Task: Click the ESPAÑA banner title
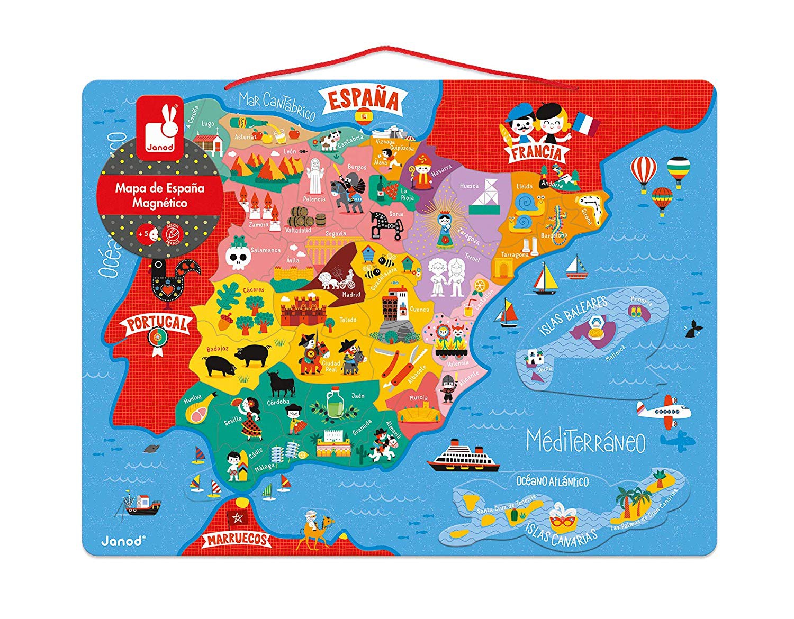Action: pyautogui.click(x=363, y=99)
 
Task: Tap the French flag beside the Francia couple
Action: pyautogui.click(x=586, y=123)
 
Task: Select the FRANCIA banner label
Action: pyautogui.click(x=536, y=153)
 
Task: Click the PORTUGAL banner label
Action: pyautogui.click(x=157, y=323)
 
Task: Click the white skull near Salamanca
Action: pyautogui.click(x=237, y=258)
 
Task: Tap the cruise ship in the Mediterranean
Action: pyautogui.click(x=463, y=457)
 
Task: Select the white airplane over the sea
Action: pyautogui.click(x=664, y=411)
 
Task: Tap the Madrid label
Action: pyautogui.click(x=351, y=295)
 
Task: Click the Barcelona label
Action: pyautogui.click(x=554, y=235)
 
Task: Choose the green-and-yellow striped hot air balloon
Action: pyautogui.click(x=678, y=171)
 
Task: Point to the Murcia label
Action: pyautogui.click(x=418, y=397)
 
